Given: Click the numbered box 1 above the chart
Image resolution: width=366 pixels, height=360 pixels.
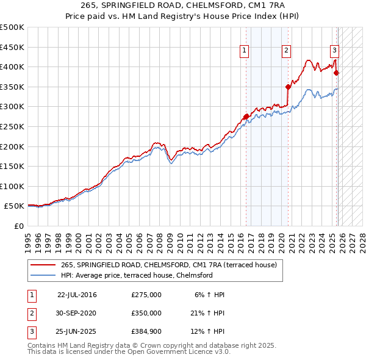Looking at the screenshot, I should [244, 51].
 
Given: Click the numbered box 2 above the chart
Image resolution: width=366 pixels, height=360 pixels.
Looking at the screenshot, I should [286, 51].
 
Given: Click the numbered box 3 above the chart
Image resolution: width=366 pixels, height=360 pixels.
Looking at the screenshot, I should [335, 51].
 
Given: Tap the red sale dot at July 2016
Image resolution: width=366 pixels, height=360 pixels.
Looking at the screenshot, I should [246, 117].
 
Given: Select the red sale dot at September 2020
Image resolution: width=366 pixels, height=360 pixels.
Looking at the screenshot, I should [289, 87].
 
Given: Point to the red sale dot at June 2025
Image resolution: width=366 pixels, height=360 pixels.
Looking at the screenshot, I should [336, 73].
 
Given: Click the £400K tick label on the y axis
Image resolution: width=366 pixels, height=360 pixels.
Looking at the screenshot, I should [12, 67].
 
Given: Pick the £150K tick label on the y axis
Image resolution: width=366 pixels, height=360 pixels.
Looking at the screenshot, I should [12, 166].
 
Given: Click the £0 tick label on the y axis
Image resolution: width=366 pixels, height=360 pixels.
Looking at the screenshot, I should [18, 226].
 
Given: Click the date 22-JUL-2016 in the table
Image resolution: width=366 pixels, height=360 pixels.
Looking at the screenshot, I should [77, 295].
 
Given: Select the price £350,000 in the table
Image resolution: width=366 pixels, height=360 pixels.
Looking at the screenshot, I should [146, 313].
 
